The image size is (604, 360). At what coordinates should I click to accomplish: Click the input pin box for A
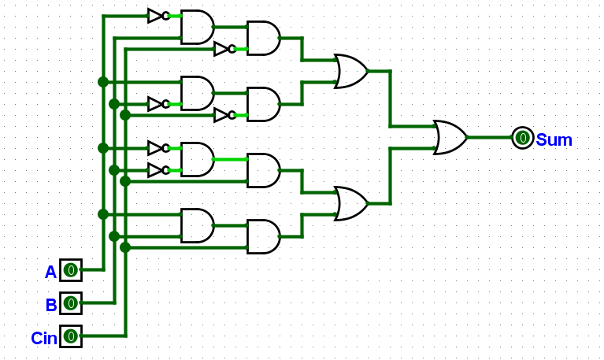71,270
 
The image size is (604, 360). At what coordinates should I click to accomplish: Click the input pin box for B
71,303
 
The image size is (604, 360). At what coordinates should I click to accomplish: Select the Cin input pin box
71,336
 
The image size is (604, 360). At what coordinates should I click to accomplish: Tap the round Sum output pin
523,138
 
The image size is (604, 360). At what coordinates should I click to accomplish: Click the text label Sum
554,139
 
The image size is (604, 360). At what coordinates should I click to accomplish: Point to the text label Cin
44,339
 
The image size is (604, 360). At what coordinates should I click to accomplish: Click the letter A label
50,272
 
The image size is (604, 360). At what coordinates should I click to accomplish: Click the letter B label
51,306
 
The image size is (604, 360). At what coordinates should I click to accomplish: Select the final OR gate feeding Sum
450,138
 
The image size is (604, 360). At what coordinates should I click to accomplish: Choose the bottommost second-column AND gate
264,236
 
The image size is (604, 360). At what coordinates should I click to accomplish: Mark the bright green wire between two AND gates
231,159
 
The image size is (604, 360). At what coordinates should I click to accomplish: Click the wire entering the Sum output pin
490,138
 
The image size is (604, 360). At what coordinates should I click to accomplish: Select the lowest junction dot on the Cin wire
125,247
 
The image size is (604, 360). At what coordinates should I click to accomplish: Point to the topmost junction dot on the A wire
103,82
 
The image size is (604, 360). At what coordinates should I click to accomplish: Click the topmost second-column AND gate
264,38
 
